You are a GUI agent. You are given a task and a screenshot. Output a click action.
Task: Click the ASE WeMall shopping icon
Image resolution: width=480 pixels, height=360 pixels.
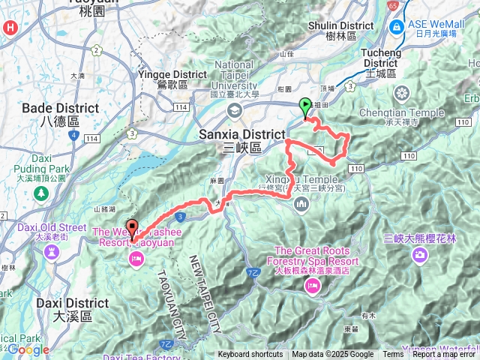[x=396, y=27]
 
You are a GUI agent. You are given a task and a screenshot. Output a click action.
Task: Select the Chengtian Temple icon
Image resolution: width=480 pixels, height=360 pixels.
[x=403, y=94]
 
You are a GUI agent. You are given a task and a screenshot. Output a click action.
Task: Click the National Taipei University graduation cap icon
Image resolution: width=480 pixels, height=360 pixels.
[x=235, y=111]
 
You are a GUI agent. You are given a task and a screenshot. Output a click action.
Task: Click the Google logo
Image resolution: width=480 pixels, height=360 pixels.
[x=28, y=350]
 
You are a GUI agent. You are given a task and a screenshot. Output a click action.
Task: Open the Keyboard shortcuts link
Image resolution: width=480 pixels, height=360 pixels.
[x=250, y=355]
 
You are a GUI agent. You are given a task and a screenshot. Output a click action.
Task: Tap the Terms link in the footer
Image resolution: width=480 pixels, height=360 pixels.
[x=393, y=355]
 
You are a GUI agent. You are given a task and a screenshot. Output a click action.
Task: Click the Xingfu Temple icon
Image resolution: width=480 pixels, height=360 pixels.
[x=303, y=205]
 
